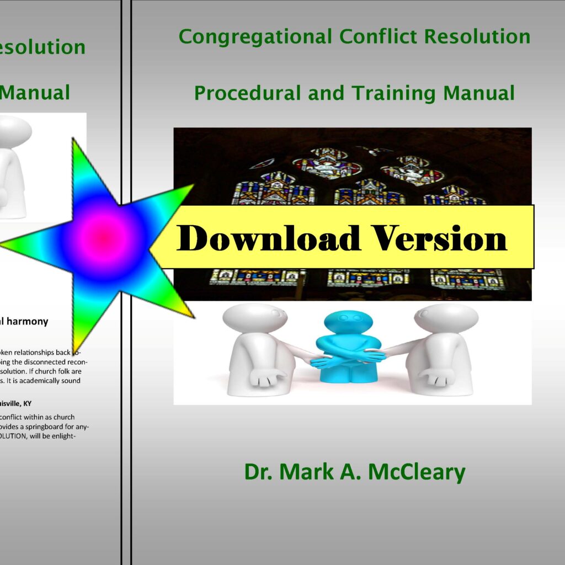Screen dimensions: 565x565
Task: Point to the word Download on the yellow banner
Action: tap(268, 238)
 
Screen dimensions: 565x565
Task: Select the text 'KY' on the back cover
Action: tap(26, 403)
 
